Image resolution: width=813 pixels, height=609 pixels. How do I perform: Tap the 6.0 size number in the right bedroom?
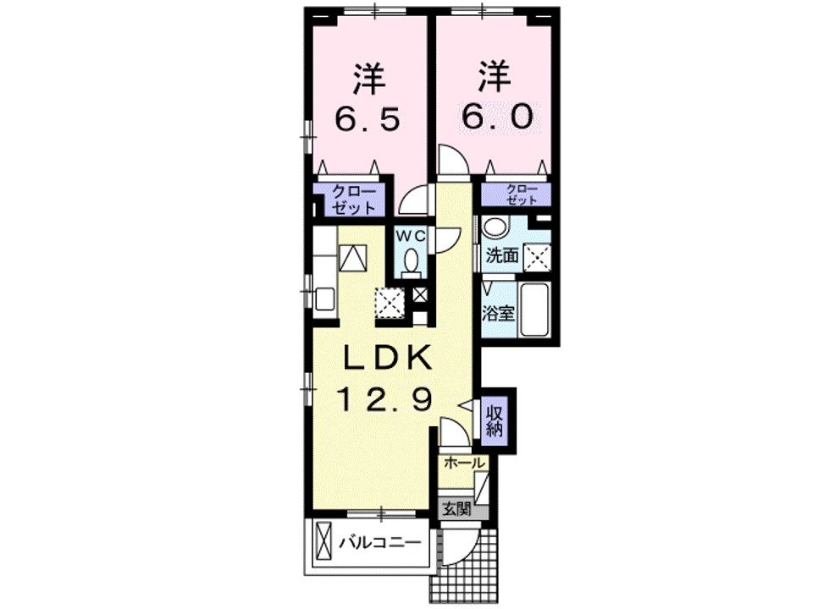pyautogui.click(x=497, y=118)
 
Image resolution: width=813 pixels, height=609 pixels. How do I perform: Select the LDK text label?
pyautogui.click(x=387, y=358)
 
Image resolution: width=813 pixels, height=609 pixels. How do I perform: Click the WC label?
pyautogui.click(x=412, y=233)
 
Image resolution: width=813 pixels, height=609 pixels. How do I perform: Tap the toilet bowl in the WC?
pyautogui.click(x=412, y=261)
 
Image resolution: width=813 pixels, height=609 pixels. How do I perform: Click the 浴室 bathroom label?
pyautogui.click(x=499, y=313)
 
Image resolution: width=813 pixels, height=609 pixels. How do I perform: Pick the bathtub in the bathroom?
pyautogui.click(x=534, y=310)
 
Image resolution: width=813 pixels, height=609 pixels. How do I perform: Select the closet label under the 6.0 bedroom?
pyautogui.click(x=517, y=195)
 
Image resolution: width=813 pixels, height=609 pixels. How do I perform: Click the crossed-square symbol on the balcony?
pyautogui.click(x=324, y=541)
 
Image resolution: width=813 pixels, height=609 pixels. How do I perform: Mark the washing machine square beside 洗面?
pyautogui.click(x=537, y=256)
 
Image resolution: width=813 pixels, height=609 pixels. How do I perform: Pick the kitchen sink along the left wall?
pyautogui.click(x=324, y=299)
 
